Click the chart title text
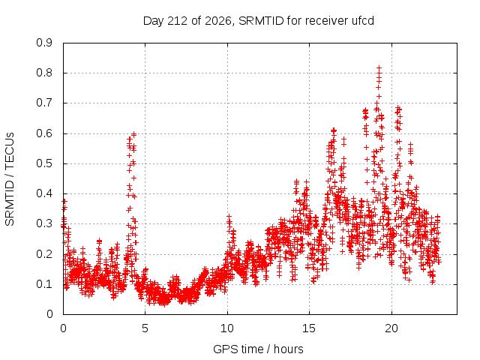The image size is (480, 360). click(x=259, y=21)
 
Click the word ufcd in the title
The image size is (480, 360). click(x=362, y=21)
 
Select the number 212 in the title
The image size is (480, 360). click(x=178, y=21)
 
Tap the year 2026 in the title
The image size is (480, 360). click(x=218, y=22)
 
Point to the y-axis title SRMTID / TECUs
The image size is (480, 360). click(x=10, y=179)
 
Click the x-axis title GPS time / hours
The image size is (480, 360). click(x=258, y=349)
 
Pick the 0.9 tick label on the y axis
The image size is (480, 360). click(x=44, y=43)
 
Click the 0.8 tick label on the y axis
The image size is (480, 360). click(x=44, y=73)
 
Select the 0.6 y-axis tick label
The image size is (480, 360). click(x=44, y=133)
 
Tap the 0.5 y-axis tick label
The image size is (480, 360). click(x=44, y=163)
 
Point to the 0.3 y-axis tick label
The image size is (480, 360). click(x=44, y=223)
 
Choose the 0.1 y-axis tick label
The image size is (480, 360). click(x=44, y=284)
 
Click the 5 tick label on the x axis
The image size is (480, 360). click(x=145, y=328)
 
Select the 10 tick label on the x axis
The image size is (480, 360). click(x=227, y=328)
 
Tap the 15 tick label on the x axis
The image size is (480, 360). click(x=309, y=328)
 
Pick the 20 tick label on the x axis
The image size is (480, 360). click(x=391, y=328)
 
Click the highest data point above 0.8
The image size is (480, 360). click(x=379, y=67)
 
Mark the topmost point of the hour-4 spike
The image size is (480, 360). click(x=133, y=134)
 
